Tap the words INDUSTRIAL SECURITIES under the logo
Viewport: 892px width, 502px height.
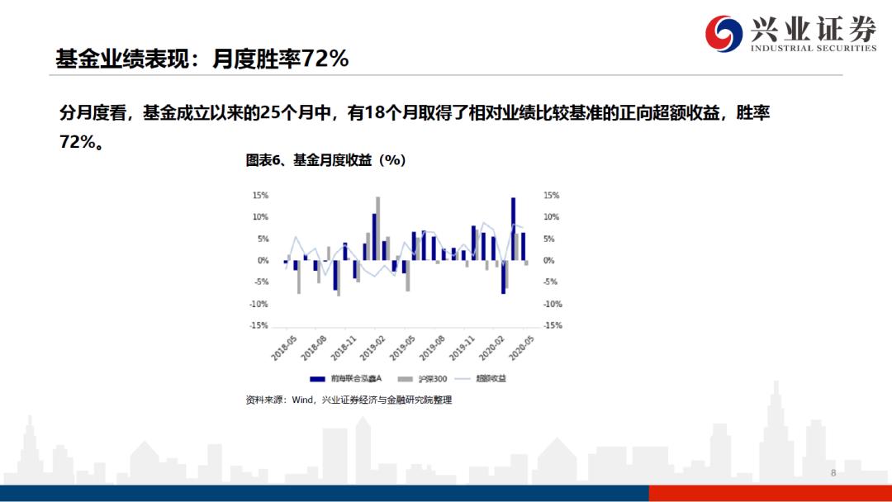(813, 49)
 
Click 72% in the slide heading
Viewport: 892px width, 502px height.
(325, 59)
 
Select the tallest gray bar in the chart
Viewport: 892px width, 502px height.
(378, 228)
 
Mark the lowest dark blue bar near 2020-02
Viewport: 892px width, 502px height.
(503, 277)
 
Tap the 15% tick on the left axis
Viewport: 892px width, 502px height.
(260, 196)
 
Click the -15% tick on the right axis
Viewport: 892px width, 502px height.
(552, 325)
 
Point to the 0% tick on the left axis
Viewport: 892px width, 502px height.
(263, 261)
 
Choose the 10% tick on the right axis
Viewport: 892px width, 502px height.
(551, 217)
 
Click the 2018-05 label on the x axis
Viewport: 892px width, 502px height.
(284, 348)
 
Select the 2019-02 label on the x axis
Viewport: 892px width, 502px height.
(374, 348)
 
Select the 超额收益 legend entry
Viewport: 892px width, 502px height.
(491, 379)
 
